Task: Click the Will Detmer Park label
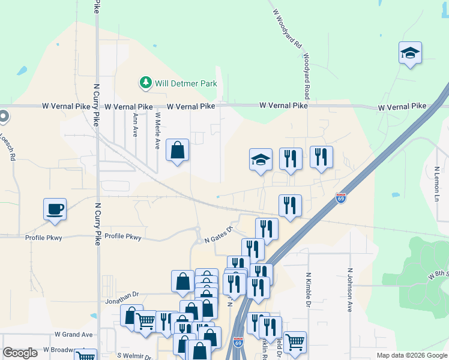pos(185,83)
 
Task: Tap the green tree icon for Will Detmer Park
pos(145,82)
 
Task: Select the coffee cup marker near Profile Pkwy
pos(55,209)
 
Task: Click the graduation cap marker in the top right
pos(411,53)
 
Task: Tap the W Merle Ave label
pos(157,130)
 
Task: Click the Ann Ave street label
pos(136,125)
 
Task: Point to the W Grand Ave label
pos(74,334)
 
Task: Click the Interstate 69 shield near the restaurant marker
pos(340,198)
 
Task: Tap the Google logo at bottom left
pos(20,353)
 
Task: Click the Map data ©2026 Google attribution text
pos(411,355)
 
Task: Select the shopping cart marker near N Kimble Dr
pos(295,342)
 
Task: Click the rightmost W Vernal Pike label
pos(402,107)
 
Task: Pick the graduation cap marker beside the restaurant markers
pos(261,160)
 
